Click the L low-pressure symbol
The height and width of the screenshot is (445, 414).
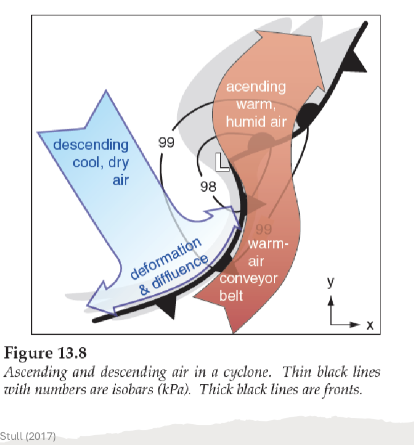223,162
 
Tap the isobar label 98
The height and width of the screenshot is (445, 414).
208,186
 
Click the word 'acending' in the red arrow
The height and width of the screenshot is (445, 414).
255,87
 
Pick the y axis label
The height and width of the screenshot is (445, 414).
331,282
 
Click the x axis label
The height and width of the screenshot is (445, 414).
370,326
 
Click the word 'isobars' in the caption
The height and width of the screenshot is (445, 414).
141,390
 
